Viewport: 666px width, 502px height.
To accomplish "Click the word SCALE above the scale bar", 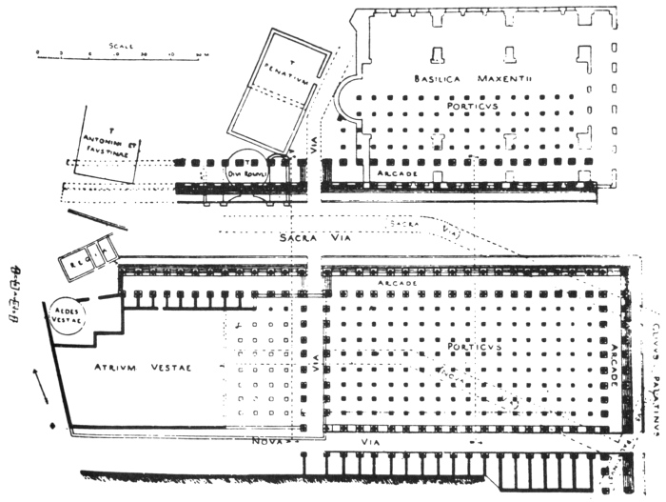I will pyautogui.click(x=121, y=44).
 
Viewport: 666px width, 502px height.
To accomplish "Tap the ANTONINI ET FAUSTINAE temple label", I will pyautogui.click(x=105, y=147).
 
